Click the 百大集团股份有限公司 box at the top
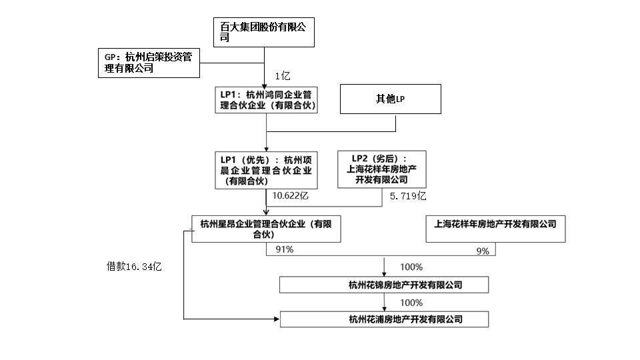[x=264, y=32]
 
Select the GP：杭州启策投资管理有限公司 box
[x=149, y=63]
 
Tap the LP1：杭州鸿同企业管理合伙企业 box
[x=267, y=100]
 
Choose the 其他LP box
[x=391, y=99]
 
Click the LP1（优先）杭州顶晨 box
[x=267, y=169]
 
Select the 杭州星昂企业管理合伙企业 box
[x=266, y=229]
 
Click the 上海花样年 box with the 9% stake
[x=495, y=229]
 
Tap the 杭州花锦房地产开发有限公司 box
[x=384, y=285]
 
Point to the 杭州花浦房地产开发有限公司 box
[x=384, y=319]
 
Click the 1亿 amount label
[x=283, y=76]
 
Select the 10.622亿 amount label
[x=291, y=196]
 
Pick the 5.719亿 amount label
[x=407, y=196]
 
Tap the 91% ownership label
[x=284, y=249]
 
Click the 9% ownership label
[x=483, y=251]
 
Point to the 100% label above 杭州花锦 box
[x=411, y=267]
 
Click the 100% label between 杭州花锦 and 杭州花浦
[x=411, y=302]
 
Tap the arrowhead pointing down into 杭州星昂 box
[x=266, y=211]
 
